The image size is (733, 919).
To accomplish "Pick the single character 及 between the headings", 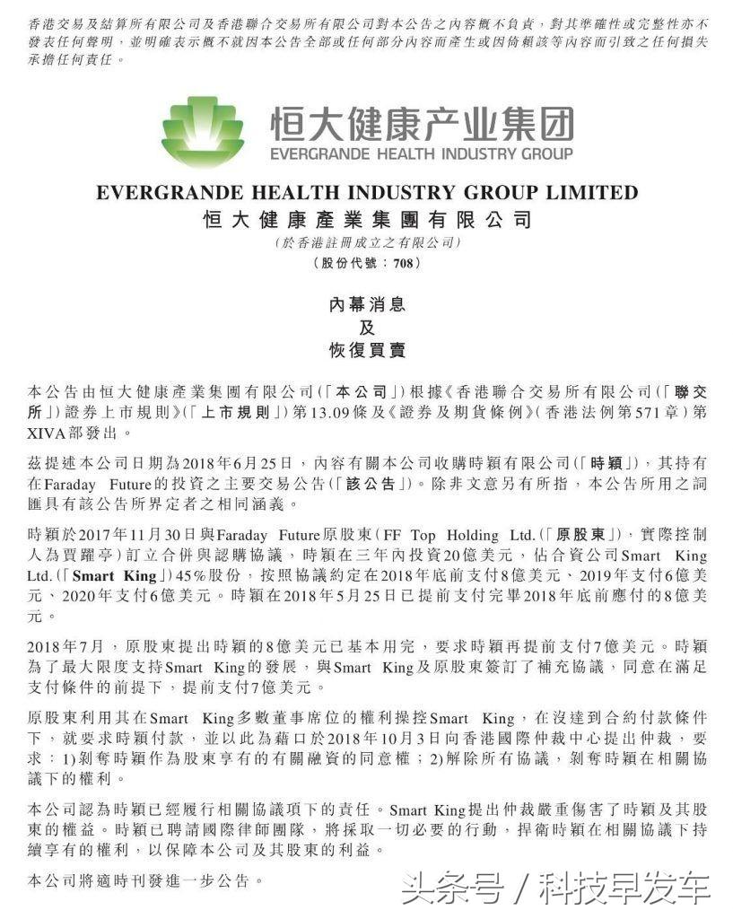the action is pyautogui.click(x=366, y=328).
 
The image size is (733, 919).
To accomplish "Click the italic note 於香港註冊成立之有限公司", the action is pyautogui.click(x=367, y=242).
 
